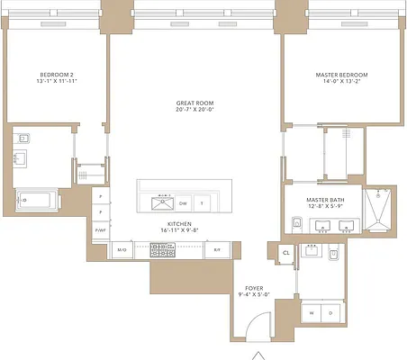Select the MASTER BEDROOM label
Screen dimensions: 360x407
(341, 75)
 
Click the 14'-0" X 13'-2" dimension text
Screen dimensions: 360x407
(341, 83)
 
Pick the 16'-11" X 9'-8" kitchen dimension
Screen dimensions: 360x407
(179, 232)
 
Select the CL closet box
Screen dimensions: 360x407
(285, 253)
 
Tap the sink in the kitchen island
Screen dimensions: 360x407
(163, 202)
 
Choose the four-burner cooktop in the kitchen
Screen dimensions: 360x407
(162, 249)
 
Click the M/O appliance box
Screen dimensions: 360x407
(122, 249)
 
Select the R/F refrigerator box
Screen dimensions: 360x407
(216, 249)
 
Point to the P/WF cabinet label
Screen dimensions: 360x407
(101, 231)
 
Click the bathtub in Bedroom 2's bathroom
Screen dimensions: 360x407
(35, 199)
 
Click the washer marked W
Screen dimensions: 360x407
(312, 312)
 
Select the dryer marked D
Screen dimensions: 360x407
(331, 312)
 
